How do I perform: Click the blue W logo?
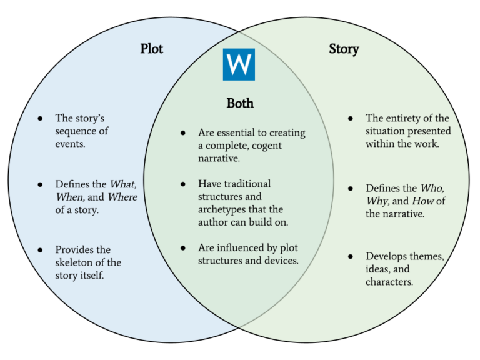click(x=239, y=64)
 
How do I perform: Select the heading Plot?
click(x=151, y=49)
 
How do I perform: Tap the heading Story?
click(x=344, y=49)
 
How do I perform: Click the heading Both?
click(x=240, y=103)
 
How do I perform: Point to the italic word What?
click(x=123, y=184)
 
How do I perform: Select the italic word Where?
click(x=123, y=197)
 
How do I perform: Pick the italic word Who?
click(x=432, y=188)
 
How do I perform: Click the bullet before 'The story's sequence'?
click(x=41, y=118)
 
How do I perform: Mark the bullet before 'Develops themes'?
click(x=351, y=256)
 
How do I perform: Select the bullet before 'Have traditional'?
click(x=183, y=184)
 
